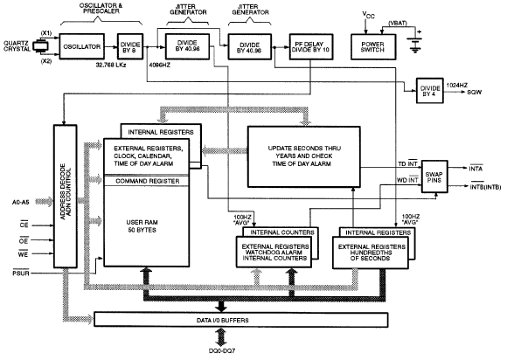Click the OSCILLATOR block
click(x=82, y=46)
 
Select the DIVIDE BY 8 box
click(x=130, y=46)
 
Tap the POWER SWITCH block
click(x=373, y=47)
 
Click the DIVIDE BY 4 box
click(x=430, y=91)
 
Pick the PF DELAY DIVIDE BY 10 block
click(x=311, y=47)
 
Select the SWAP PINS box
click(x=434, y=177)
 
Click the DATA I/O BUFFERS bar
click(x=241, y=320)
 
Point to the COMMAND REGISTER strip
click(x=146, y=181)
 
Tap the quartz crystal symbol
click(x=41, y=46)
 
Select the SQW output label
click(x=475, y=92)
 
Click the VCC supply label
click(x=368, y=15)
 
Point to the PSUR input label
click(x=21, y=273)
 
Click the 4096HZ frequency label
click(x=159, y=65)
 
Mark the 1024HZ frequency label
click(x=457, y=86)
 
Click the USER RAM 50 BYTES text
click(x=142, y=226)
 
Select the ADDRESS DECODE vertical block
click(x=66, y=196)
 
